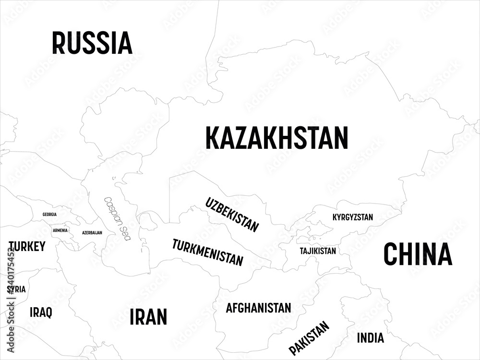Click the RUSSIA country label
pyautogui.click(x=92, y=43)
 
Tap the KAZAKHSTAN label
pyautogui.click(x=276, y=138)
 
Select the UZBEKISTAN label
pyautogui.click(x=232, y=215)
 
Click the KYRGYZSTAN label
pyautogui.click(x=352, y=217)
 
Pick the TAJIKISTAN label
pyautogui.click(x=318, y=251)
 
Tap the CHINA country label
pyautogui.click(x=418, y=255)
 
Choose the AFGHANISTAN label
pyautogui.click(x=258, y=308)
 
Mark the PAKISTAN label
pyautogui.click(x=309, y=338)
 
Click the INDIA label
pyautogui.click(x=370, y=338)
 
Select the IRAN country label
pyautogui.click(x=148, y=317)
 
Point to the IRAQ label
pyautogui.click(x=41, y=312)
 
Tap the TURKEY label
pyautogui.click(x=27, y=247)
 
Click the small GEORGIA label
pyautogui.click(x=49, y=214)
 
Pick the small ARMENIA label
pyautogui.click(x=60, y=230)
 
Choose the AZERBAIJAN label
pyautogui.click(x=92, y=232)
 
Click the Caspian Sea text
pyautogui.click(x=117, y=219)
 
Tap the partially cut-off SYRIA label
pyautogui.click(x=18, y=289)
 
